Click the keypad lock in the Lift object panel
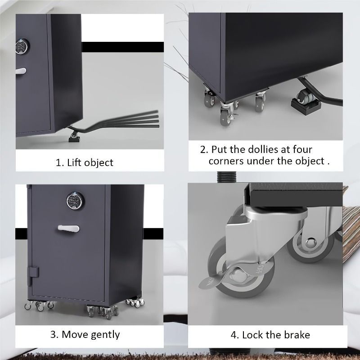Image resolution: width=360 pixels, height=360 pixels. pos(22,46)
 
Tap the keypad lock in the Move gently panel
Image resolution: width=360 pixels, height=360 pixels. pos(75,201)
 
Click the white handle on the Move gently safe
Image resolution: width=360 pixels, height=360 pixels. pos(68,229)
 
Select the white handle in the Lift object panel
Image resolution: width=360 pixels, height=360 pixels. pos(21,71)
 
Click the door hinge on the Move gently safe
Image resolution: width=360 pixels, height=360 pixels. pos(33,272)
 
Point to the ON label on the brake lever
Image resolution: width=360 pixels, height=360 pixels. pos(210,281)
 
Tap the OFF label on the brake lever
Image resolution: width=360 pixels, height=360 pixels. pos(261,269)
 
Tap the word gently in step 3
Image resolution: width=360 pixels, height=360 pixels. pos(105,335)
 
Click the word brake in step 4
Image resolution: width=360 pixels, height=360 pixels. pos(297,335)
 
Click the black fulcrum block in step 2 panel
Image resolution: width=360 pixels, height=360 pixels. pos(306,104)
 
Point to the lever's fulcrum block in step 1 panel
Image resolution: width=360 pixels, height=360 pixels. pos(74,139)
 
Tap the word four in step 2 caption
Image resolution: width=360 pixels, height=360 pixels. pos(302,149)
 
